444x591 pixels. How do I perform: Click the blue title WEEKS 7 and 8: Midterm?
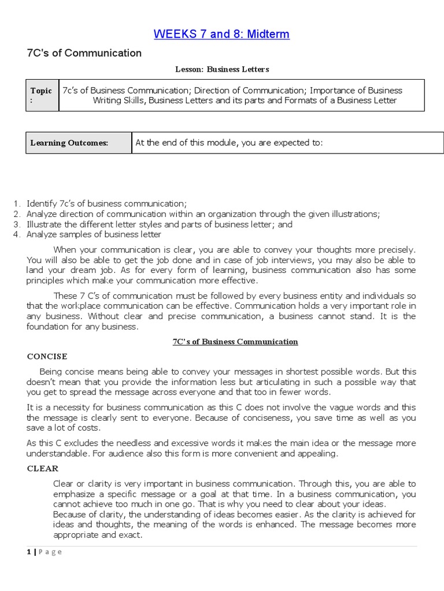tap(221, 34)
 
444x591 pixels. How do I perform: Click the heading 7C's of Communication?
tap(84, 53)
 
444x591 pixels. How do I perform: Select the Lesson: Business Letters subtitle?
tap(222, 69)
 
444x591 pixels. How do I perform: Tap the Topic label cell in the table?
tap(42, 95)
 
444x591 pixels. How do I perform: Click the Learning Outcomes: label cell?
tap(69, 143)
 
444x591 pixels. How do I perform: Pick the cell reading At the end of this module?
tap(229, 143)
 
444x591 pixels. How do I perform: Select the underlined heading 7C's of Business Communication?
tap(235, 342)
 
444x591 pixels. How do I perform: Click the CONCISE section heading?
tap(47, 356)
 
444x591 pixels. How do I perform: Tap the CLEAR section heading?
tap(43, 469)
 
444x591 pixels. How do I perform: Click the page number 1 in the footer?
tap(28, 552)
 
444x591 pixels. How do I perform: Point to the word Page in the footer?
tap(50, 552)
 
